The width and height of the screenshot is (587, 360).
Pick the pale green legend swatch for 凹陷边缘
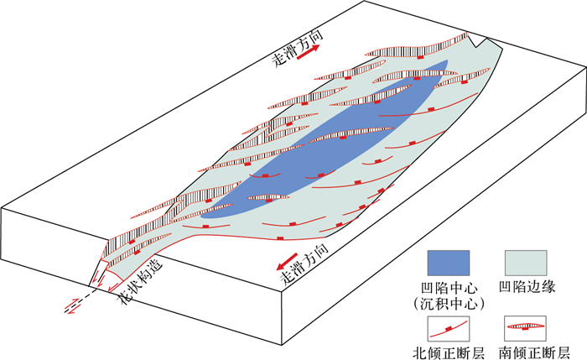[x=525, y=262]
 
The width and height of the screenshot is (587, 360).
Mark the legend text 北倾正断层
[x=447, y=352]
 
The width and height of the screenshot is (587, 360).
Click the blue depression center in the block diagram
[x=335, y=143]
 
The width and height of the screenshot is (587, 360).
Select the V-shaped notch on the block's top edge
[x=479, y=38]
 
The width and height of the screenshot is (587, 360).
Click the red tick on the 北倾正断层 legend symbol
[x=449, y=326]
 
